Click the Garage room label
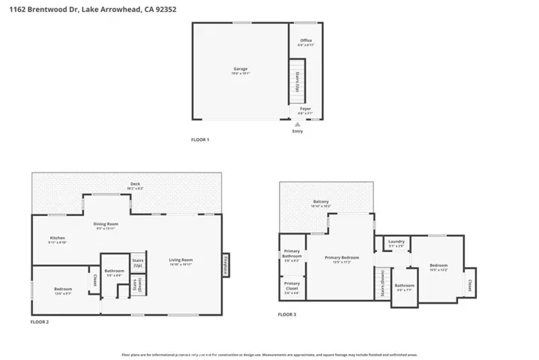(x=240, y=68)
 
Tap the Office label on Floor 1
(x=306, y=40)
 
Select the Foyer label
(x=305, y=109)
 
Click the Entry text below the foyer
(x=298, y=132)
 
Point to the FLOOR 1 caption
(x=200, y=140)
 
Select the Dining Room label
(x=106, y=223)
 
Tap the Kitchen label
(x=58, y=238)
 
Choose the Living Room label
(x=181, y=259)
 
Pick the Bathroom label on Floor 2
(x=114, y=271)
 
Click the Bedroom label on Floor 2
(x=63, y=289)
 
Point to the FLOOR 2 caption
(x=39, y=322)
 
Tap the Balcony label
(x=321, y=202)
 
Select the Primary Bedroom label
(x=342, y=257)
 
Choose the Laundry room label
(x=397, y=241)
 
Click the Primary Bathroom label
(x=292, y=255)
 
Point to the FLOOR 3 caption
(x=286, y=315)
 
